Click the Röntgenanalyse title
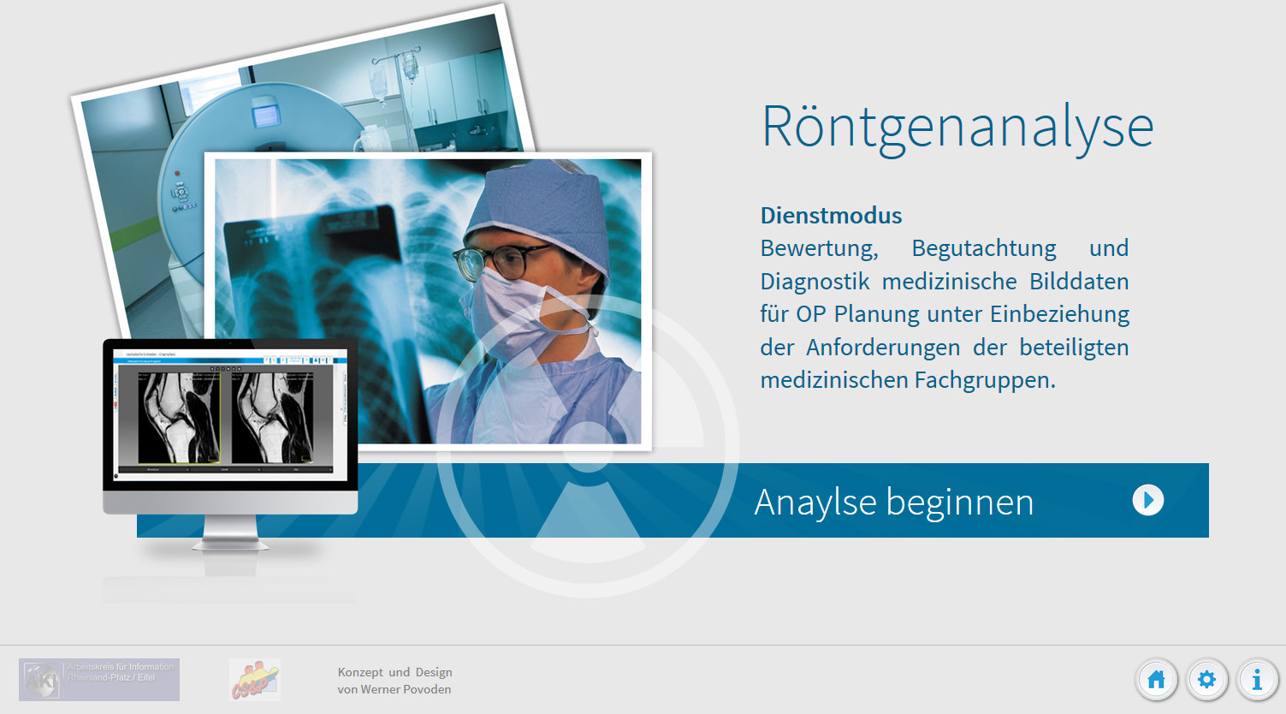click(x=957, y=127)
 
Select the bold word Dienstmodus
click(x=831, y=216)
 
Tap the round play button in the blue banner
click(x=1147, y=500)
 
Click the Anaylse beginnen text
click(x=893, y=503)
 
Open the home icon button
click(x=1156, y=680)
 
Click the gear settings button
click(x=1206, y=680)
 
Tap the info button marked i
click(x=1257, y=680)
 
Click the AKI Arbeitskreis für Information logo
click(x=99, y=680)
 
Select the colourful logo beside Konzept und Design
click(x=254, y=680)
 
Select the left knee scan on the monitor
click(x=179, y=418)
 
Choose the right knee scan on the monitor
click(x=273, y=418)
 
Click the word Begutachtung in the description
click(x=983, y=248)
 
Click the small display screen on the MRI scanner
click(x=264, y=113)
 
